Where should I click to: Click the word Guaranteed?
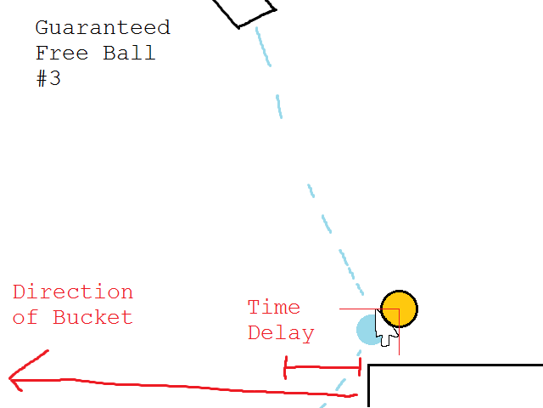103,27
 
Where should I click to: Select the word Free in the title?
62,53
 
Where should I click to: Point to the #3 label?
48,79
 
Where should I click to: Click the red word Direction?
73,292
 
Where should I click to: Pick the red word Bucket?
92,318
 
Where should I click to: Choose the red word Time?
273,307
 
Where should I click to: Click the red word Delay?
281,333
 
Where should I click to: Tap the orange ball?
399,309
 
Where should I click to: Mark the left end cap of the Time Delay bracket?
286,368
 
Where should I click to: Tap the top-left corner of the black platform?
369,366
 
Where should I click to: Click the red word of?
25,318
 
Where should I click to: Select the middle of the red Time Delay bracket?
323,368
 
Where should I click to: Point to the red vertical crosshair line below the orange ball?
398,341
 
